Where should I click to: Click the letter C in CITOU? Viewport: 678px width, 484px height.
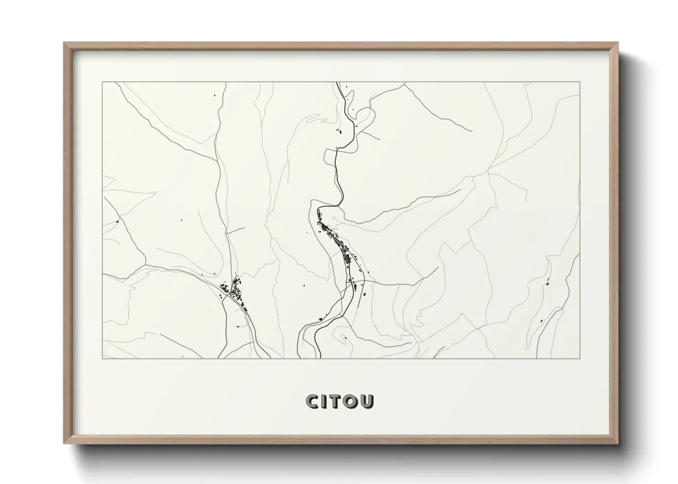[313, 401]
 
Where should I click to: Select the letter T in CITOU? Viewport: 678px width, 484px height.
[336, 401]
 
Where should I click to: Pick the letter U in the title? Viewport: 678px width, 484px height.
[367, 401]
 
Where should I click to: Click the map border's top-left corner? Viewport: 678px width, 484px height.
[103, 82]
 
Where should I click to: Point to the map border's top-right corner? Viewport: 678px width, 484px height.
[580, 82]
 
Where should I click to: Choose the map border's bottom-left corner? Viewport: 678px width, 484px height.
[103, 358]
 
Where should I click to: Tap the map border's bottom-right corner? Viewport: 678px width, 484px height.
[580, 358]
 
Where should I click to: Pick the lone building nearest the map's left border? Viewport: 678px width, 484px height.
[118, 222]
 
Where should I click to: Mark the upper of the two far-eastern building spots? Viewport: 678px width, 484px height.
[547, 282]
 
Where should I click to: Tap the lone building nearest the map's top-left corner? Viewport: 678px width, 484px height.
[213, 96]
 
